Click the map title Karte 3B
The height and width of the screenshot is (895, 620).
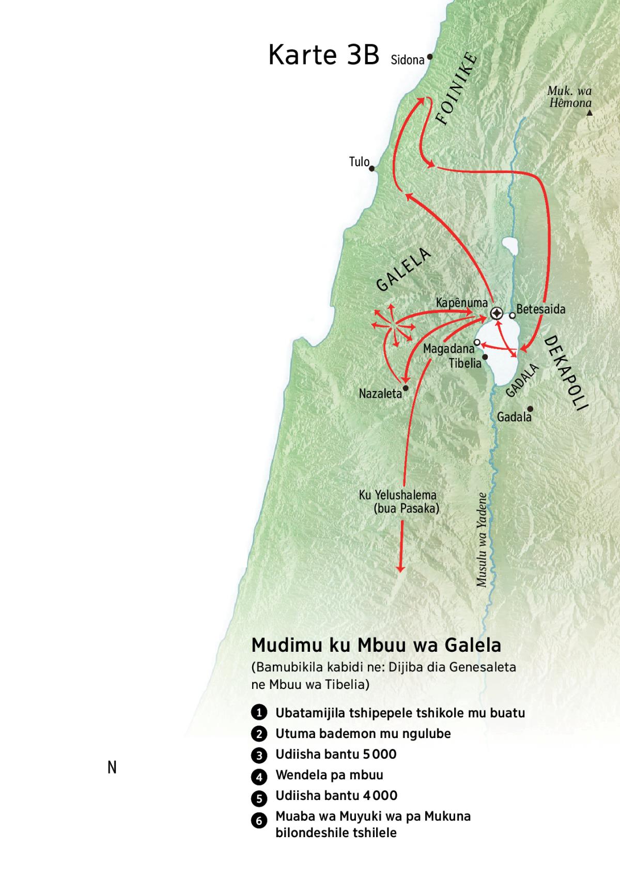[x=324, y=55]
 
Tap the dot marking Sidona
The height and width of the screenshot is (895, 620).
[x=429, y=57]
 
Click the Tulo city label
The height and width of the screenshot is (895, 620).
[x=359, y=162]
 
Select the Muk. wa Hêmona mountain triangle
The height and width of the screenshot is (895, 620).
[x=590, y=113]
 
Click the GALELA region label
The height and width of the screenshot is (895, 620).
[x=404, y=270]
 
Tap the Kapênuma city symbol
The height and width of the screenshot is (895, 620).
[x=497, y=313]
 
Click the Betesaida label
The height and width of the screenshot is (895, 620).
[x=541, y=309]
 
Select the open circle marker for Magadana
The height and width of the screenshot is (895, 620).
[x=477, y=342]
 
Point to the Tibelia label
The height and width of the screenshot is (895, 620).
[x=465, y=363]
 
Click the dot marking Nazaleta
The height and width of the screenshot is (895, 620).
[x=406, y=388]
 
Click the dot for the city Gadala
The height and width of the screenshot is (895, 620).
[x=530, y=409]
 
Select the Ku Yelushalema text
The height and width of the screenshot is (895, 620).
[x=398, y=495]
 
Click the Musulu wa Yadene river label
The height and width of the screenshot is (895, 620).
[x=482, y=540]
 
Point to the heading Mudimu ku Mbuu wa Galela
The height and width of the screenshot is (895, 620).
[x=376, y=646]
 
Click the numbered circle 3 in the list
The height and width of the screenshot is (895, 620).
[x=259, y=755]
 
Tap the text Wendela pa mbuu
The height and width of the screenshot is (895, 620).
[x=329, y=775]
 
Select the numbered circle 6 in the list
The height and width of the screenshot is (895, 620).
[x=259, y=820]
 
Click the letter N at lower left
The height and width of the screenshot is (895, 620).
[x=112, y=767]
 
